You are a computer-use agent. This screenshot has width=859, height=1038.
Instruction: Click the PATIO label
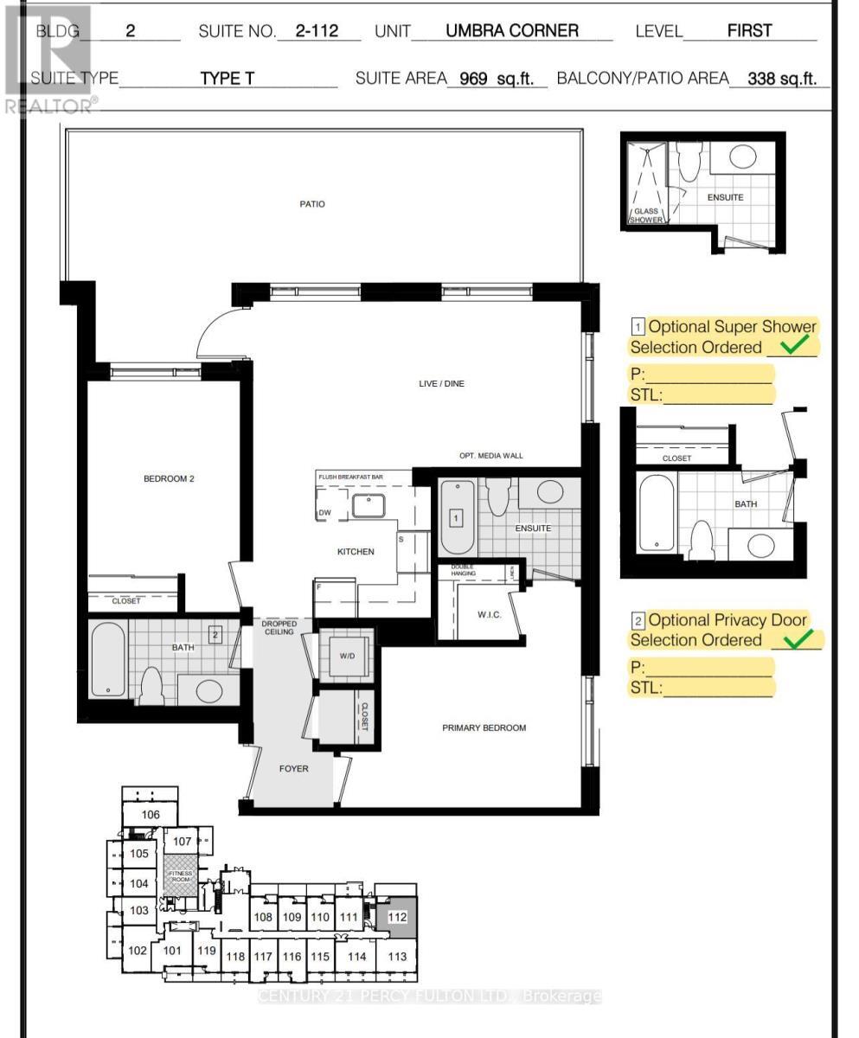(311, 204)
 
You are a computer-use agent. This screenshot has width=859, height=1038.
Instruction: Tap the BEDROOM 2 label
(169, 478)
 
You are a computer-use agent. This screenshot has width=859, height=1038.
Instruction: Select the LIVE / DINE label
(441, 383)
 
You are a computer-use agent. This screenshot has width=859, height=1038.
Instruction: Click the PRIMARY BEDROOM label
(484, 727)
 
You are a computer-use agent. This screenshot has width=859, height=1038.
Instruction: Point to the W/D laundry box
(347, 656)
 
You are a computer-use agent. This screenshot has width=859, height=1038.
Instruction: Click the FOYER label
(293, 768)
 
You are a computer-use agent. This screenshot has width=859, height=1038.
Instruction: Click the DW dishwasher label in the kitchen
(325, 513)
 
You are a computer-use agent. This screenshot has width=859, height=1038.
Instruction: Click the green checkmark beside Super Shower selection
(798, 346)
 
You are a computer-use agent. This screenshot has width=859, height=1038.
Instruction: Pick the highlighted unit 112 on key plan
(397, 916)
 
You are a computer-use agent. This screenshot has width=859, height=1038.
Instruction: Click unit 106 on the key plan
(151, 815)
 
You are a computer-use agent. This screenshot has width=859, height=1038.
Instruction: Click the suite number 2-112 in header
(316, 32)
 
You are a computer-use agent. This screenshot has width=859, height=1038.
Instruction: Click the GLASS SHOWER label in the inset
(646, 215)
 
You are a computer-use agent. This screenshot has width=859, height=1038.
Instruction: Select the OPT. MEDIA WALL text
(490, 456)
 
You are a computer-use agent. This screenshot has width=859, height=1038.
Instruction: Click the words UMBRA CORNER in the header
(512, 32)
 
